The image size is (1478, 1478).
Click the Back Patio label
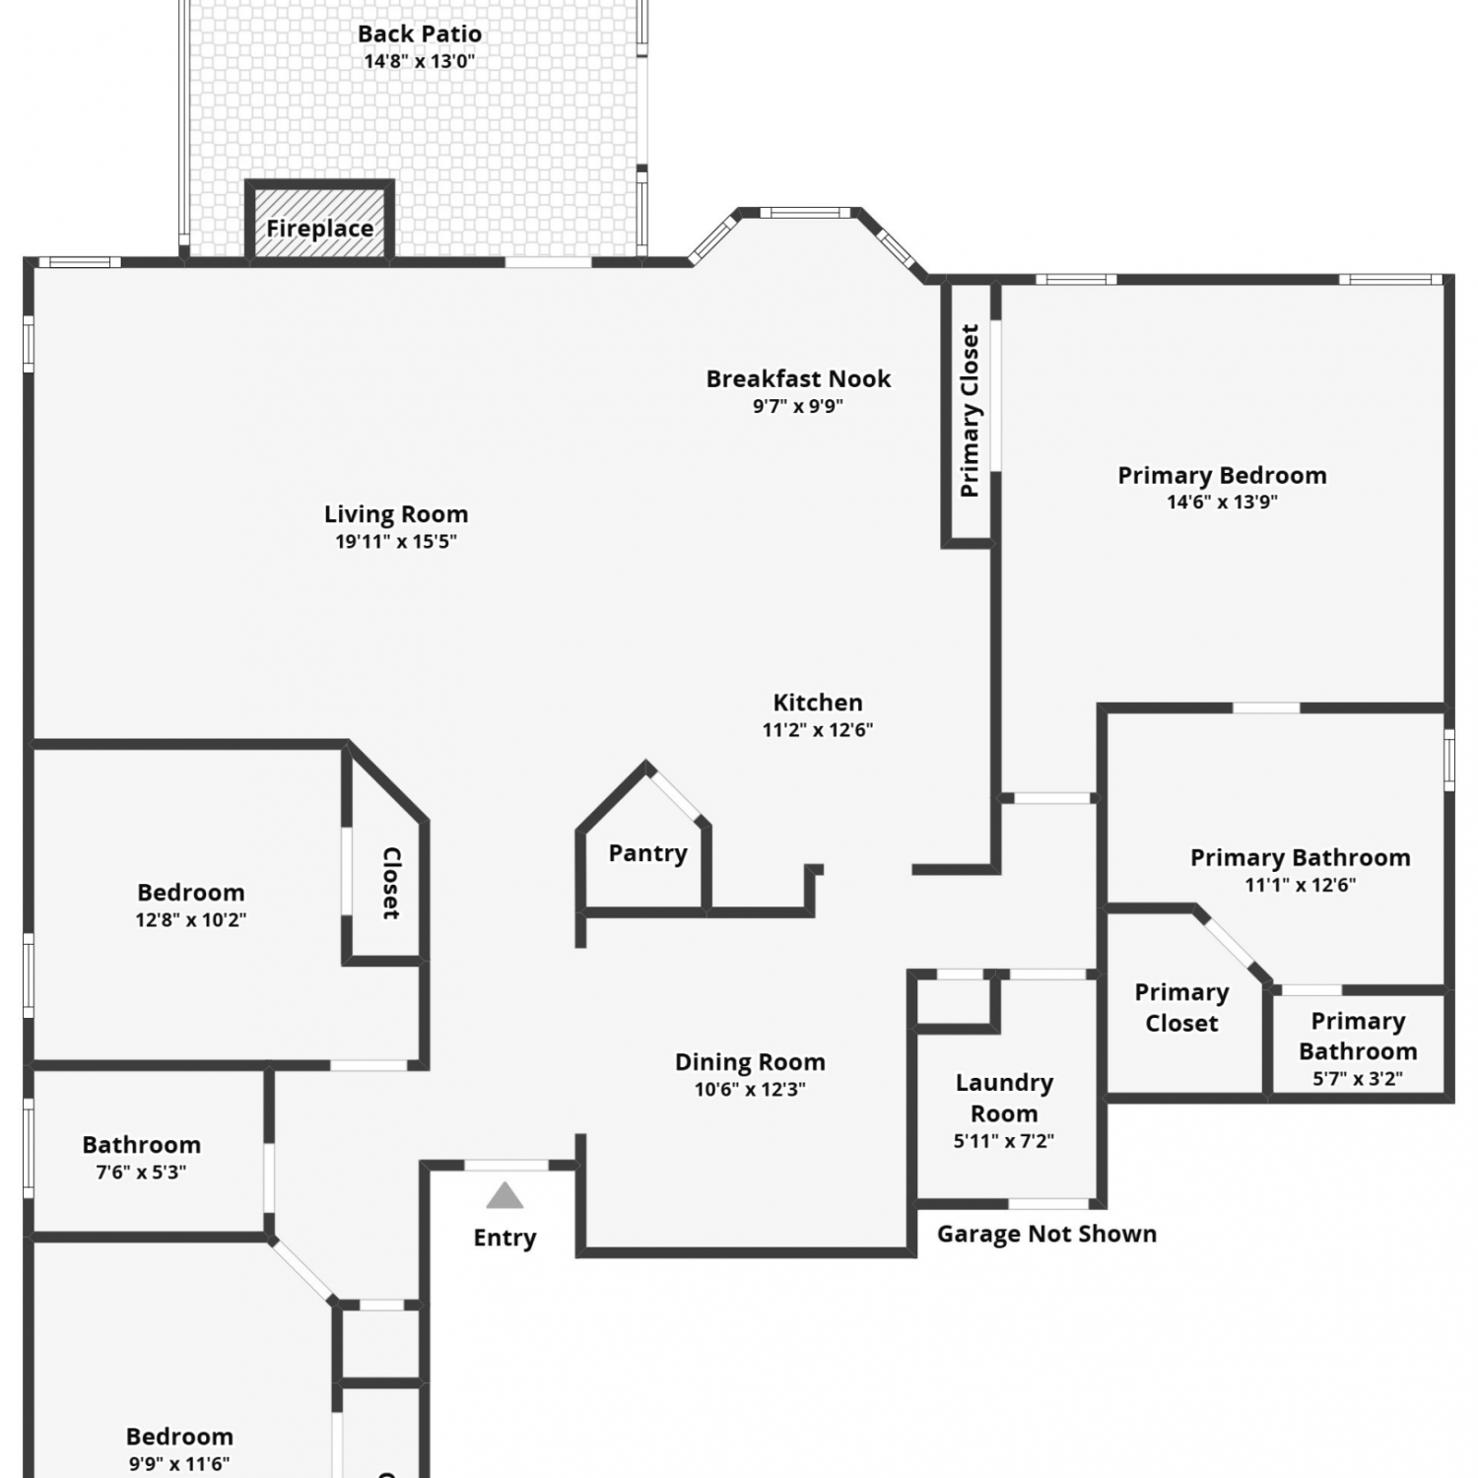(420, 34)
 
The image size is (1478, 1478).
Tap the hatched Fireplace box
(319, 222)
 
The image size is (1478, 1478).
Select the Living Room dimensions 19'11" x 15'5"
(396, 541)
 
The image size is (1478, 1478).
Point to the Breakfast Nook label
(798, 378)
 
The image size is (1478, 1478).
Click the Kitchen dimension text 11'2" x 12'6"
(818, 730)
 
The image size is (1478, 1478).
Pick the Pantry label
(647, 853)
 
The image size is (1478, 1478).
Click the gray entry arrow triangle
(504, 1195)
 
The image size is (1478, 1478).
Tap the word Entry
(504, 1239)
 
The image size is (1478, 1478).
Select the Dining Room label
(750, 1062)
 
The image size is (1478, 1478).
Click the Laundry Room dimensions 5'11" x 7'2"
(1004, 1141)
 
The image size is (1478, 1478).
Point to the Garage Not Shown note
(1046, 1234)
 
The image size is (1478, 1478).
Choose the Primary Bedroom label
(1222, 475)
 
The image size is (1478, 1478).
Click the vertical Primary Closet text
(970, 411)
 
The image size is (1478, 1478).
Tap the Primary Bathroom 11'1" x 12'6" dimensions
(1301, 885)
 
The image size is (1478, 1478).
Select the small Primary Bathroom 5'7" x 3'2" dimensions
(1358, 1079)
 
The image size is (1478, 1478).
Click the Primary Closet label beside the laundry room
(1181, 1008)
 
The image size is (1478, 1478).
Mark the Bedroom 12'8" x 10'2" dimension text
(191, 920)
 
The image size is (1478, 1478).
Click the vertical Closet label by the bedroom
(391, 883)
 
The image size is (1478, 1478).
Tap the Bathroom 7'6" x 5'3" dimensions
(142, 1173)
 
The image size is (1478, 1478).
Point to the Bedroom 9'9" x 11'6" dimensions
(179, 1464)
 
